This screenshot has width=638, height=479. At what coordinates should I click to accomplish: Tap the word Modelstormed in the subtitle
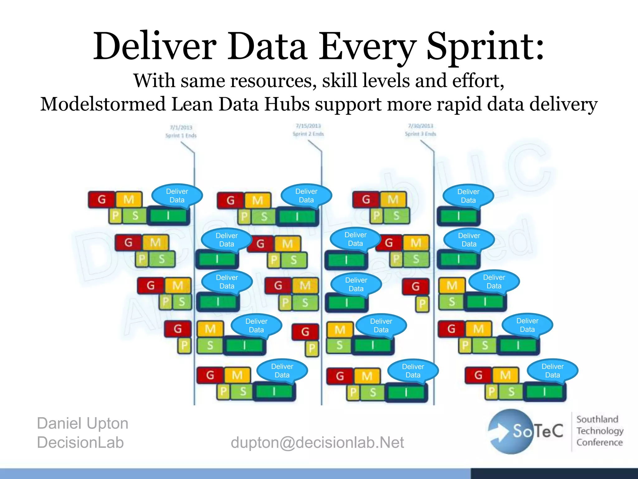click(103, 104)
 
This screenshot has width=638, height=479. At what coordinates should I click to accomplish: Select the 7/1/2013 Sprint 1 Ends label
click(181, 131)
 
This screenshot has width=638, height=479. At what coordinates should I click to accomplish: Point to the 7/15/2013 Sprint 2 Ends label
click(308, 130)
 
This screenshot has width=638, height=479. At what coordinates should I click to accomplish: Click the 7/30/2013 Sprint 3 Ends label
click(421, 130)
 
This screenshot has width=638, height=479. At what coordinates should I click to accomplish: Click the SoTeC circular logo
click(511, 432)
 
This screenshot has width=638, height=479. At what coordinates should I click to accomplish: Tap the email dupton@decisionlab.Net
click(317, 442)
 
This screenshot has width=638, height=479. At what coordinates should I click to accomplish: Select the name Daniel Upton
click(83, 423)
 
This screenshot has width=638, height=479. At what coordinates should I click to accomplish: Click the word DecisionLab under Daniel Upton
click(80, 442)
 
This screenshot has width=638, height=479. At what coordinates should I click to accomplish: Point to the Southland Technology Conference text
click(600, 431)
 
